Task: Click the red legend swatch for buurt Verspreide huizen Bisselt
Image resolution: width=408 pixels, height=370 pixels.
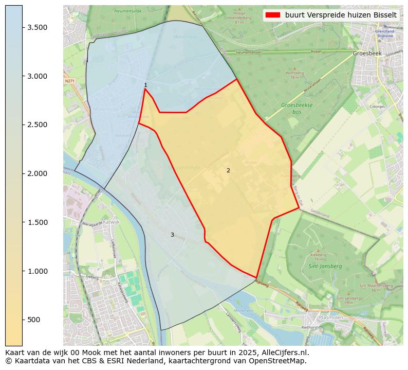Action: pos(272,15)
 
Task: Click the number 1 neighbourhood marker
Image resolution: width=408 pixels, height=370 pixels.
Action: pos(145,85)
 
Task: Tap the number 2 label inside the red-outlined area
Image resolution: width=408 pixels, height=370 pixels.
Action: pos(228,170)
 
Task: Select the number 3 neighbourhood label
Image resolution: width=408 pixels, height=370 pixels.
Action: pos(172,235)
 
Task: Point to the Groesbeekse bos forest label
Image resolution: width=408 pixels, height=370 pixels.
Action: pos(297,108)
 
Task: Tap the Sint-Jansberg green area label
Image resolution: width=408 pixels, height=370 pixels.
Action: pos(322,267)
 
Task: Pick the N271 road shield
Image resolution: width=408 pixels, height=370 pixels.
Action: pos(69,81)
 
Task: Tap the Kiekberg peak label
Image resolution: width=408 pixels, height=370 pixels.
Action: pos(319,254)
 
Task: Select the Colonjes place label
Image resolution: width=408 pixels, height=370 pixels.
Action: pos(377,107)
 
